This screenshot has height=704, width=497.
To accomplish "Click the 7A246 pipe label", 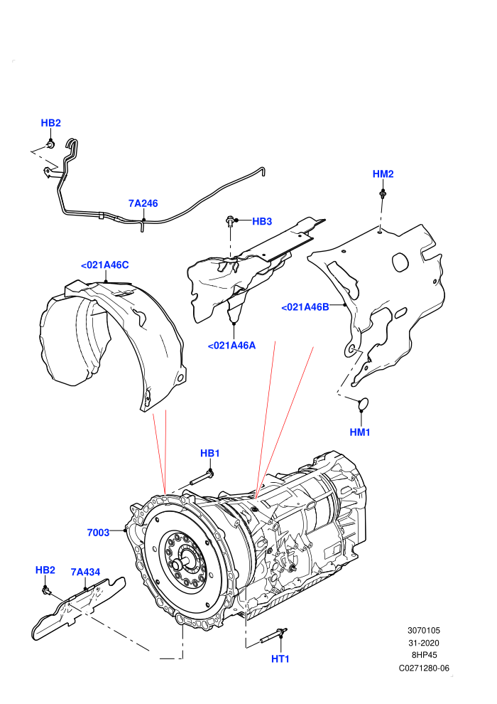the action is point(143,203).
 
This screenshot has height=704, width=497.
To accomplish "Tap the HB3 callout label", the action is point(262,221).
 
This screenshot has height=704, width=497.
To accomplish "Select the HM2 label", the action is point(383,174).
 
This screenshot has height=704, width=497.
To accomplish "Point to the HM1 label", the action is point(360,432).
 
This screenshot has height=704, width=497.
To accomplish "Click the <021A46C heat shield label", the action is point(105,265).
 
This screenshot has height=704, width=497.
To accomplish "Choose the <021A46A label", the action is point(231,346).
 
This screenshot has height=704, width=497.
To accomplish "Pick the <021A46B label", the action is point(305,307).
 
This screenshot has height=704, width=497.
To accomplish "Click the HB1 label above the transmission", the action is point(209,454).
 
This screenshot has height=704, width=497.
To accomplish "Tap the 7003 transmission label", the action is point(98,533).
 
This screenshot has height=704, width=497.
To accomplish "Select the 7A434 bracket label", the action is point(85,572).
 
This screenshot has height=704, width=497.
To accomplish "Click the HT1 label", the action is point(280,659).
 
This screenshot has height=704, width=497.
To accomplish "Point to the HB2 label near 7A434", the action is point(45,570).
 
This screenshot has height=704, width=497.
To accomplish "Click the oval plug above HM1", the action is point(363,404).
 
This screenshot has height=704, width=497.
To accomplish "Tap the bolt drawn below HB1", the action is point(202,477).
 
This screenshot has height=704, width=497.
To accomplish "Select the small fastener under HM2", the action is point(383,194).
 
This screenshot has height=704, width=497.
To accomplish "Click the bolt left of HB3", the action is point(230,221).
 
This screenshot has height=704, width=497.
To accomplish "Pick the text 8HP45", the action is point(424,655).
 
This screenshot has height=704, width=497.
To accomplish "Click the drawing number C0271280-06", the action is point(424,668).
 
